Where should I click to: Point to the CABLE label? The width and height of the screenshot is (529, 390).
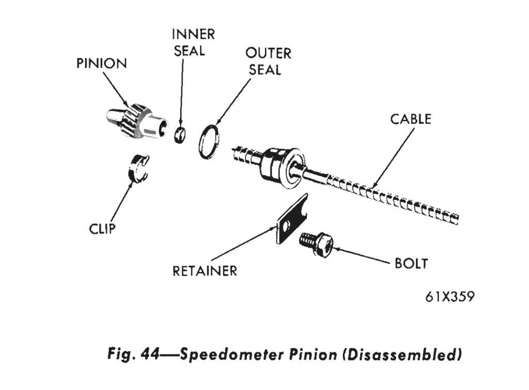(x=410, y=119)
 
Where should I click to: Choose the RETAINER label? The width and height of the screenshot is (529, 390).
(x=205, y=270)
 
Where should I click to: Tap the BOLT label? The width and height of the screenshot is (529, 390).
(x=411, y=263)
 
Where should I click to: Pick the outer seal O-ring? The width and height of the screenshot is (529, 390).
(x=210, y=140)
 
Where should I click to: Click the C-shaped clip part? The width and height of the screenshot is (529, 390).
(x=137, y=169)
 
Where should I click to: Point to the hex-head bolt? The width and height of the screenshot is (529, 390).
(x=316, y=241)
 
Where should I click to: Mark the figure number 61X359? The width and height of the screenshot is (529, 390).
(x=449, y=297)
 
